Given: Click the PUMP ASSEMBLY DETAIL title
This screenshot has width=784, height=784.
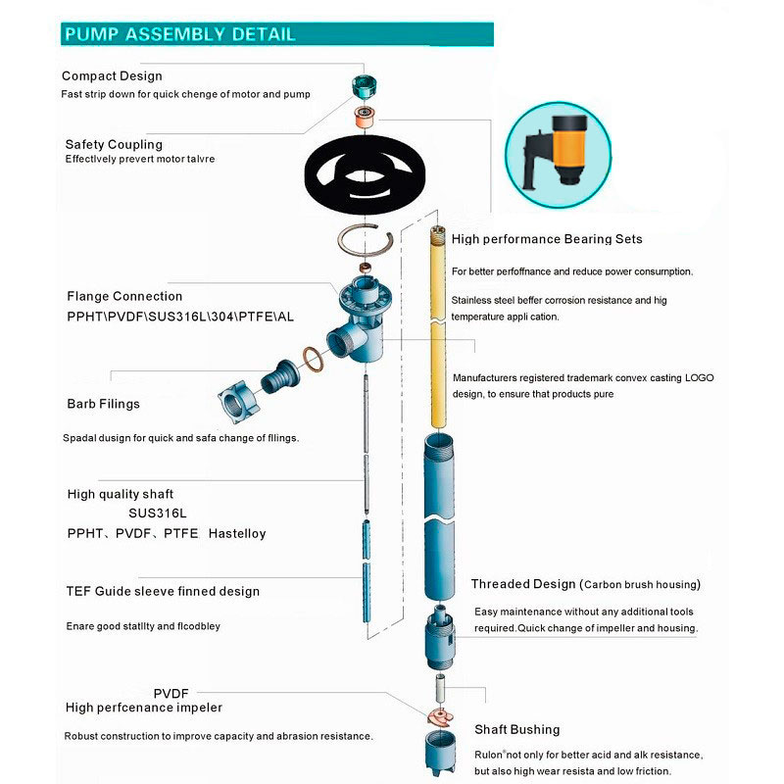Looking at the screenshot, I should (x=179, y=34).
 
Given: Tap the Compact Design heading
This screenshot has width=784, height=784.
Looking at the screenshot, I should (x=112, y=75).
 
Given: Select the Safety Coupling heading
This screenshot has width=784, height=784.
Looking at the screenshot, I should (x=114, y=144).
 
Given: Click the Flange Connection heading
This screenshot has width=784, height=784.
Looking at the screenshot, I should (x=124, y=296).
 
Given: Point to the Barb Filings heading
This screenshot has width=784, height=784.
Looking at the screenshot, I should (x=103, y=403).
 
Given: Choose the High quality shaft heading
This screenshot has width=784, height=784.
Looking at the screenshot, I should (x=121, y=494).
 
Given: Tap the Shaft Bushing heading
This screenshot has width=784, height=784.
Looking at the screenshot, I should (x=517, y=729).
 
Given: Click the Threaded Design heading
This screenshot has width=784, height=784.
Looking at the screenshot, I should (x=523, y=584).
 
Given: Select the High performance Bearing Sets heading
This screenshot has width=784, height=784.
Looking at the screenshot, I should (x=547, y=238).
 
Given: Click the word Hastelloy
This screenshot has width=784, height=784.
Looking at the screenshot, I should (x=237, y=534).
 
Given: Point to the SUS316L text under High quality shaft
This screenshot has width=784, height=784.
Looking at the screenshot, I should (x=157, y=514).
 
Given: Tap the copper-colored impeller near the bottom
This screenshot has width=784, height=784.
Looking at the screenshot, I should (x=439, y=713).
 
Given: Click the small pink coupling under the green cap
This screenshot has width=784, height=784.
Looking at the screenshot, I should (x=367, y=119).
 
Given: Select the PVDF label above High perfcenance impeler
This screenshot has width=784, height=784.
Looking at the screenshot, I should (x=171, y=692).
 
